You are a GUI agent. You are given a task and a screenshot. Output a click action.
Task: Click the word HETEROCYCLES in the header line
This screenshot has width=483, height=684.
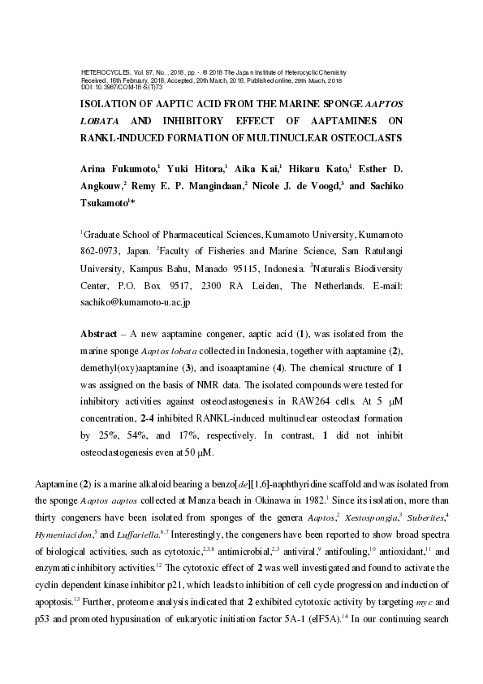[x=101, y=72]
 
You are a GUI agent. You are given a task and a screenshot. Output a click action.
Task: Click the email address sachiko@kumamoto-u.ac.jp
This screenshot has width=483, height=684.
[x=135, y=302]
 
